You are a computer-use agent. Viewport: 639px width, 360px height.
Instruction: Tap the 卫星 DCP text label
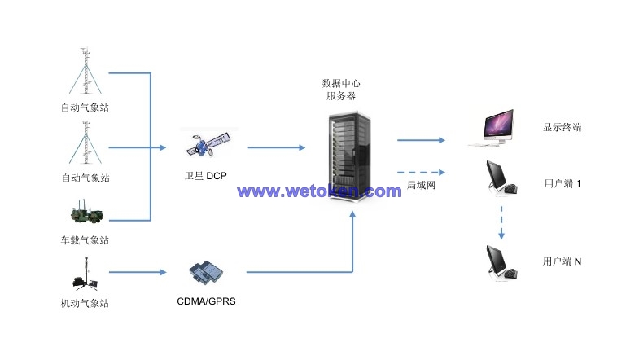coord(207,175)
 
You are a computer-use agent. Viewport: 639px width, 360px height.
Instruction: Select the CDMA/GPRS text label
coord(207,301)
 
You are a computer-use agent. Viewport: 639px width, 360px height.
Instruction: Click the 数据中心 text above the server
coord(341,82)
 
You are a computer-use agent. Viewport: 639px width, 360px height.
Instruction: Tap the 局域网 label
coord(421,186)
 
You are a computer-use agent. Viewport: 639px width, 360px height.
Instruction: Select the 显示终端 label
coord(562,128)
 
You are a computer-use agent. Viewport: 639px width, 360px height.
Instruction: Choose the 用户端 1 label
coord(562,184)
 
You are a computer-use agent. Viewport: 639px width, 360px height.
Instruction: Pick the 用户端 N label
coord(562,261)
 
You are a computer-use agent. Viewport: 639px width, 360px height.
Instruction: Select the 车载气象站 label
coord(85,240)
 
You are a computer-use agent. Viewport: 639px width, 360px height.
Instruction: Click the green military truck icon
coord(85,214)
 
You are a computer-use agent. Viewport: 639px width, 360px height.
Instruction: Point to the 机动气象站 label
coord(85,304)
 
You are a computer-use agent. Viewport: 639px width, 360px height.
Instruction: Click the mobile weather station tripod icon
coord(84,275)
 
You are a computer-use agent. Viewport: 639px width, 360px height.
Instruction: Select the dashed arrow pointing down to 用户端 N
coord(501,221)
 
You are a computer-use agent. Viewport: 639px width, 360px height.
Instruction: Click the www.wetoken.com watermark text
coord(319,191)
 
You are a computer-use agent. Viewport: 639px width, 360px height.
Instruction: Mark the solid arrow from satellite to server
coord(276,147)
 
